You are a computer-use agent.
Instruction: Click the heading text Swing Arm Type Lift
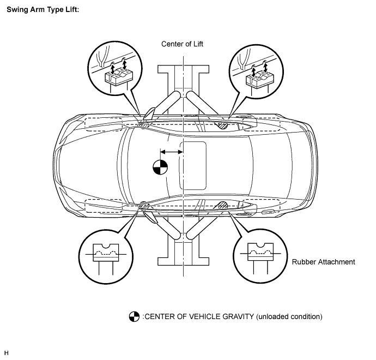point(43,10)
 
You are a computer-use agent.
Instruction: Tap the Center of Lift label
point(182,44)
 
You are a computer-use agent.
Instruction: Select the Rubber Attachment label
point(323,262)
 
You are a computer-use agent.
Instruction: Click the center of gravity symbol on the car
point(160,167)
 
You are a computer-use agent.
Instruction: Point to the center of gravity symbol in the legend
point(134,316)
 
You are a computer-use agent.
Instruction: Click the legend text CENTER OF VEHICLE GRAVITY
point(199,316)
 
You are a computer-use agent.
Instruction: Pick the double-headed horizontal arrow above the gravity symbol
point(172,152)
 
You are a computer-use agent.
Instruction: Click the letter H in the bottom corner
point(7,353)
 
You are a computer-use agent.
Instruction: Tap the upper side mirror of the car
point(149,113)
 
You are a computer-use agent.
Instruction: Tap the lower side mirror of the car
point(150,217)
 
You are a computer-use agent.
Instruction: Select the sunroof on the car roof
point(193,166)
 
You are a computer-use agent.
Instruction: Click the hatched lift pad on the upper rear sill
point(223,125)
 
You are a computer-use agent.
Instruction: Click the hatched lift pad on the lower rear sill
point(223,205)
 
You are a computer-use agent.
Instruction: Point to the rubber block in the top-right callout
point(260,78)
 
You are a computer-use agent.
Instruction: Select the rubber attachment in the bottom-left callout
point(106,253)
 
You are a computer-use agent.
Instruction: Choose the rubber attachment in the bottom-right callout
point(260,252)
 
